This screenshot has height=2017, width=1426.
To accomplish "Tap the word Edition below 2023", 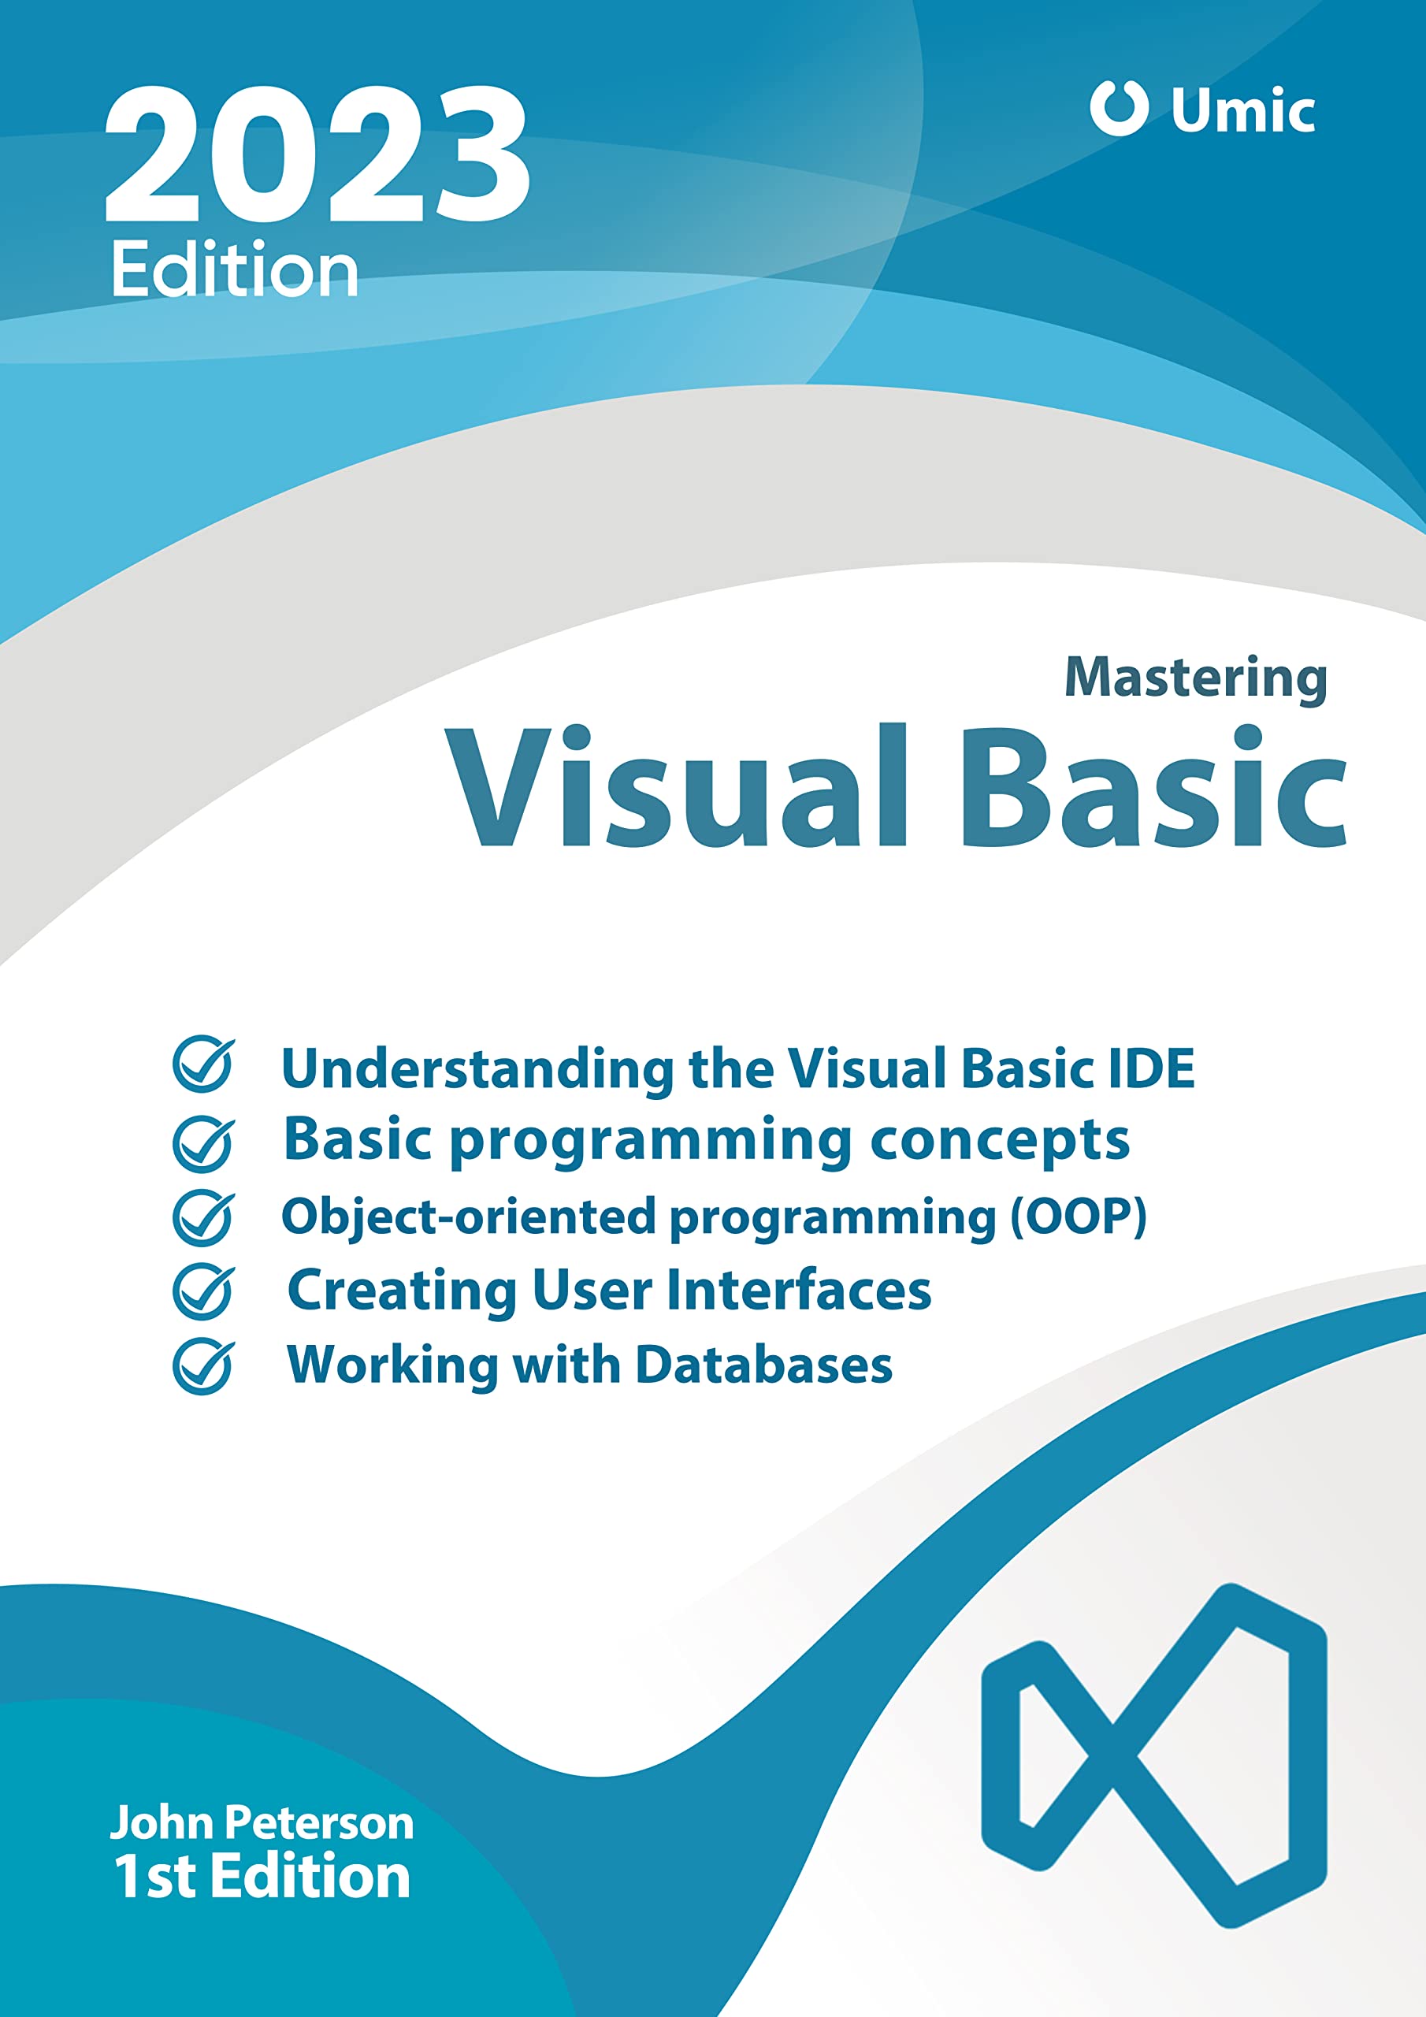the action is click(236, 269).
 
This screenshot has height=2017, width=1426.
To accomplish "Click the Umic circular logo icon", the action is click(1119, 108).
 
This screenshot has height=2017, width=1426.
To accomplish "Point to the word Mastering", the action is click(1196, 679).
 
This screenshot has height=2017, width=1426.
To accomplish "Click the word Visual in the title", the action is click(676, 786).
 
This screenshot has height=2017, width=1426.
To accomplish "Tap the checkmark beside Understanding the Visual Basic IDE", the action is click(204, 1064).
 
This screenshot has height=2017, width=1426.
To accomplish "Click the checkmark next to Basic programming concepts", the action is click(204, 1144).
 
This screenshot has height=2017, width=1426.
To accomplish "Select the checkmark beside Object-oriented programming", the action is click(204, 1217).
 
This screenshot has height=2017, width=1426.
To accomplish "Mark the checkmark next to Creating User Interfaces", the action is click(204, 1291).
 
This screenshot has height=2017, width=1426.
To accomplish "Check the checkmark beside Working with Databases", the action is click(204, 1366).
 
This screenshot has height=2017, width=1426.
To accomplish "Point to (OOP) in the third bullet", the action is click(1078, 1217).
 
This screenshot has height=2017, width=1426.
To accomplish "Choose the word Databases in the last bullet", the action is click(763, 1365).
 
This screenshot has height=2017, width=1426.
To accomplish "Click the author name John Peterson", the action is click(262, 1823).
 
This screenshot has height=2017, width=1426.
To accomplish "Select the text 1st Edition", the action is click(262, 1878).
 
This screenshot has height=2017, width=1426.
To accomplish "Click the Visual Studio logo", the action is click(1153, 1756).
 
